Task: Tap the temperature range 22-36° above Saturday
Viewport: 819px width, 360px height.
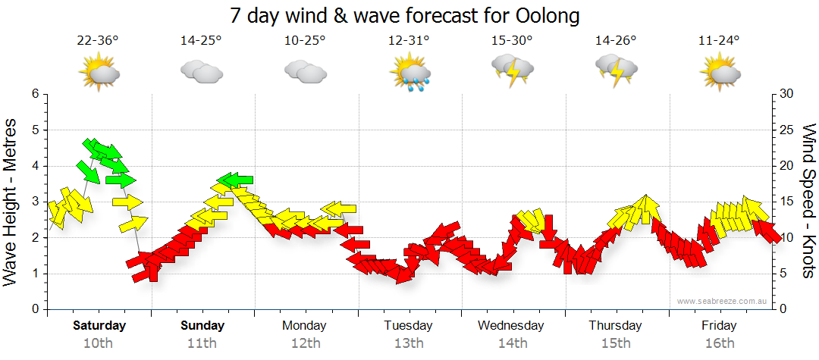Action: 98,41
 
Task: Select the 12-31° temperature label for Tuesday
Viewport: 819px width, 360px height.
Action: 409,41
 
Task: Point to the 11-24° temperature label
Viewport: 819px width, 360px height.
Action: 719,41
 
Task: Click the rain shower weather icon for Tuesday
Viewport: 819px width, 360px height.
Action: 409,74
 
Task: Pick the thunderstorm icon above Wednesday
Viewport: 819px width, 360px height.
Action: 513,72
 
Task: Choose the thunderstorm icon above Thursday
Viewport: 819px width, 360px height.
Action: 616,72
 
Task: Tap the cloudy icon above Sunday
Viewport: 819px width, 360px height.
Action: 202,73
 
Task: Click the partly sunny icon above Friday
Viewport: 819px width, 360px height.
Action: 720,74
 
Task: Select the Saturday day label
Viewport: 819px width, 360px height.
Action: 99,326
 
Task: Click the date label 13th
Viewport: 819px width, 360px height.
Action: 409,343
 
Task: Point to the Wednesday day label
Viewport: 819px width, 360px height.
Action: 511,326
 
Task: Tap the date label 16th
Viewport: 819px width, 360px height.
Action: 719,343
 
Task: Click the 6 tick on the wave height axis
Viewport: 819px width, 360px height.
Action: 35,94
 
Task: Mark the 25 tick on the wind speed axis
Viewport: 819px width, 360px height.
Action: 787,130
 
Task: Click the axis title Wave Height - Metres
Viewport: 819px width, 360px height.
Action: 11,202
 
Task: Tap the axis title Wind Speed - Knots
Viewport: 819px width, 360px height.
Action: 808,202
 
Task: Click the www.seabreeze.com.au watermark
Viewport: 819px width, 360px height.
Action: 723,301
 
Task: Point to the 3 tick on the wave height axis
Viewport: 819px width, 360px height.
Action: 35,202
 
